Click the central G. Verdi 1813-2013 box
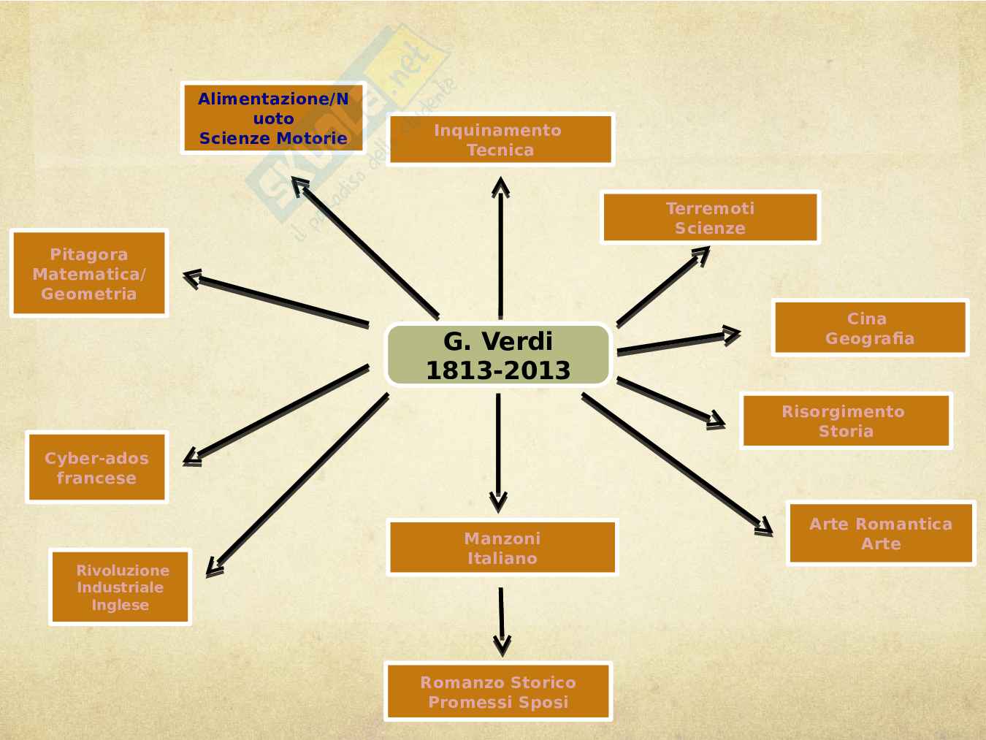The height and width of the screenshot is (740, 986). pos(498,355)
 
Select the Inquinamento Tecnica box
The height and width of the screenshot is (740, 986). pos(500,140)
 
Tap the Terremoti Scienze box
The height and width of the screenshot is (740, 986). pos(710,218)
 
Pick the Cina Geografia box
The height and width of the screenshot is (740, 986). pos(870,328)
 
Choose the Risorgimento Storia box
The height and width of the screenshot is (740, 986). pos(846,421)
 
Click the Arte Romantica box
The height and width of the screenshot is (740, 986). pos(881,533)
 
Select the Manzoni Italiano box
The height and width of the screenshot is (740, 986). pos(502,548)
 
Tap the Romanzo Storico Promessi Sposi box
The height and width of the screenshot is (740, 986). pos(498,692)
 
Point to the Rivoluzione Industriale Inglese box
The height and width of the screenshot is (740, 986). pos(121,587)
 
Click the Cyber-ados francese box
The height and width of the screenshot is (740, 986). pos(96,468)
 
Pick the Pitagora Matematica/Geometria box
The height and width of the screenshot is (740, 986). pos(89,274)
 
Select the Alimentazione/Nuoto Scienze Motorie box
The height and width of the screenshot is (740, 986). pos(273,118)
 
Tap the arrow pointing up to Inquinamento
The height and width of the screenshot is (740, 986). pos(500,248)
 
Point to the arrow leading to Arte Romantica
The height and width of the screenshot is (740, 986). pos(676,463)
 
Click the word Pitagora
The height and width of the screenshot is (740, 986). pos(89,254)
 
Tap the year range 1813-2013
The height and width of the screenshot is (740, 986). pos(498,370)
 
